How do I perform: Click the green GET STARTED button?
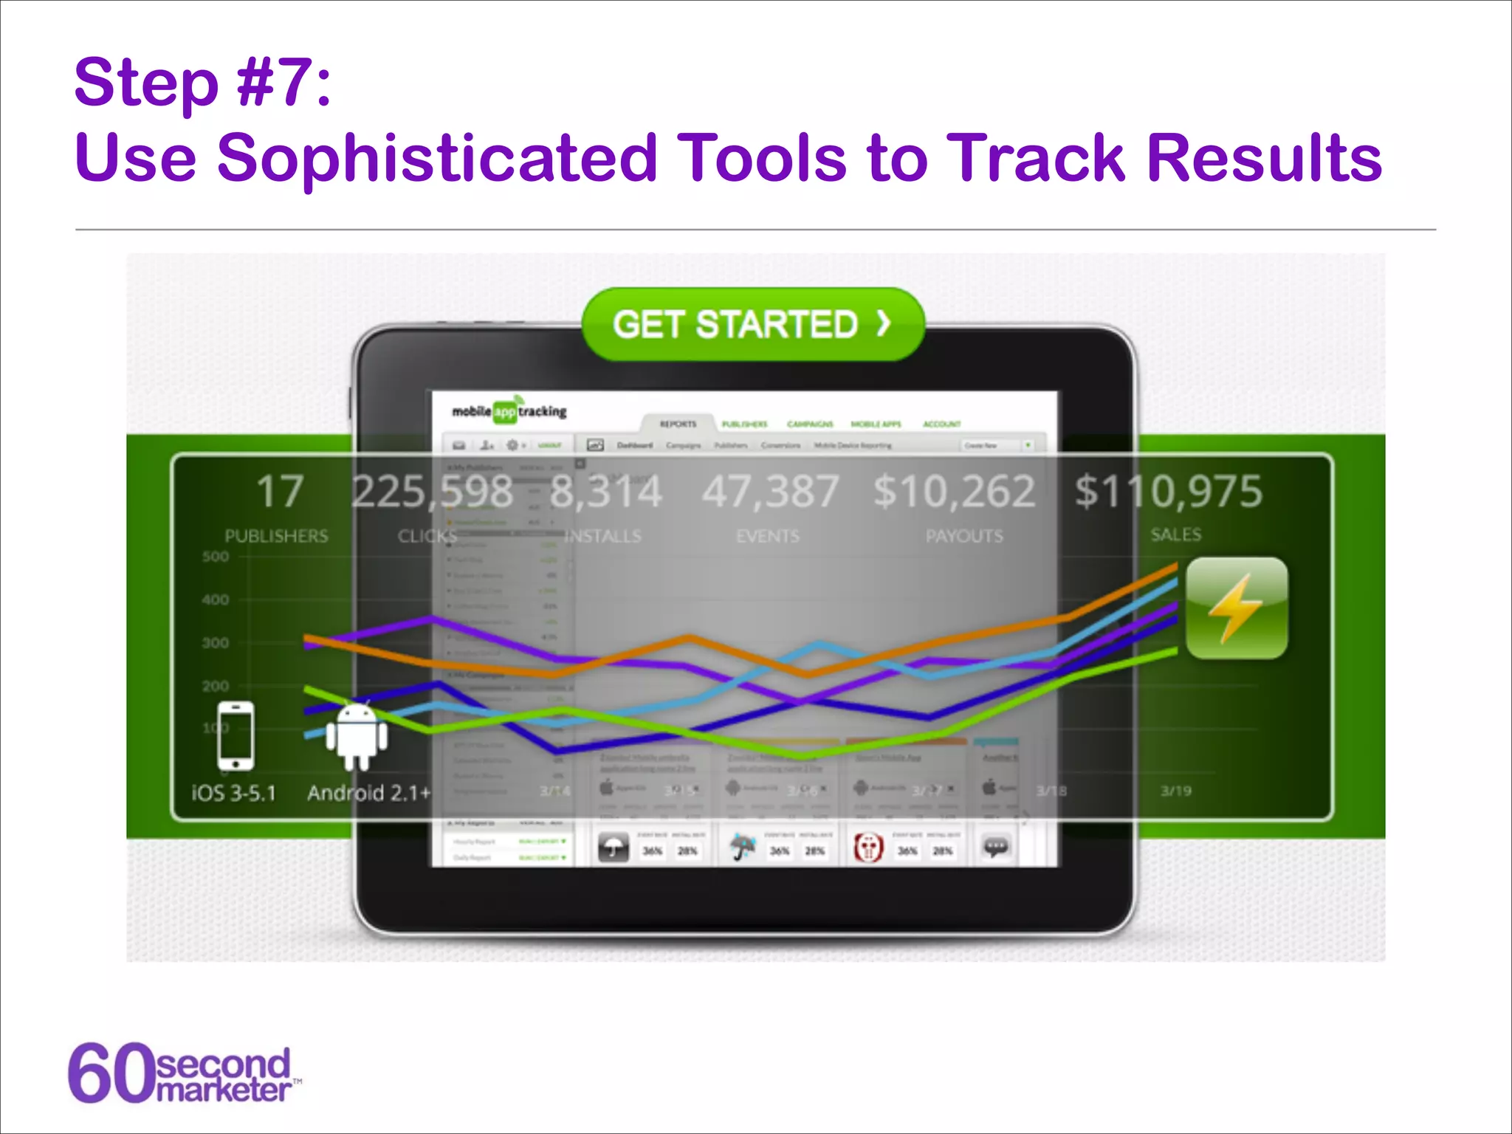[753, 324]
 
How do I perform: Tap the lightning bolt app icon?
[1237, 608]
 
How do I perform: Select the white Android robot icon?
[357, 737]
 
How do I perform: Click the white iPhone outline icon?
[236, 736]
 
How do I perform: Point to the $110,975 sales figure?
[1168, 492]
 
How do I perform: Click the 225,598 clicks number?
[432, 492]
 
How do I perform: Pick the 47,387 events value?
[770, 492]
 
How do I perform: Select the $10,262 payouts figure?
[954, 492]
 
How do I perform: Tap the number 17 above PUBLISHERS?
[280, 492]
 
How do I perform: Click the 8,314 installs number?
[606, 492]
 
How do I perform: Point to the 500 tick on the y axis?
[216, 557]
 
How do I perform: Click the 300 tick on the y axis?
[216, 643]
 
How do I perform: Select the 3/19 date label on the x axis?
[1175, 791]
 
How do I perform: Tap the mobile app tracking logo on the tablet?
[509, 411]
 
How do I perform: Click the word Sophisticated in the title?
[436, 157]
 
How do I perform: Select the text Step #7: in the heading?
[203, 83]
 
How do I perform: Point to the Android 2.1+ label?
[368, 793]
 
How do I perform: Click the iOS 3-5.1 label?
[233, 793]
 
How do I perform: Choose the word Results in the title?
[1264, 157]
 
